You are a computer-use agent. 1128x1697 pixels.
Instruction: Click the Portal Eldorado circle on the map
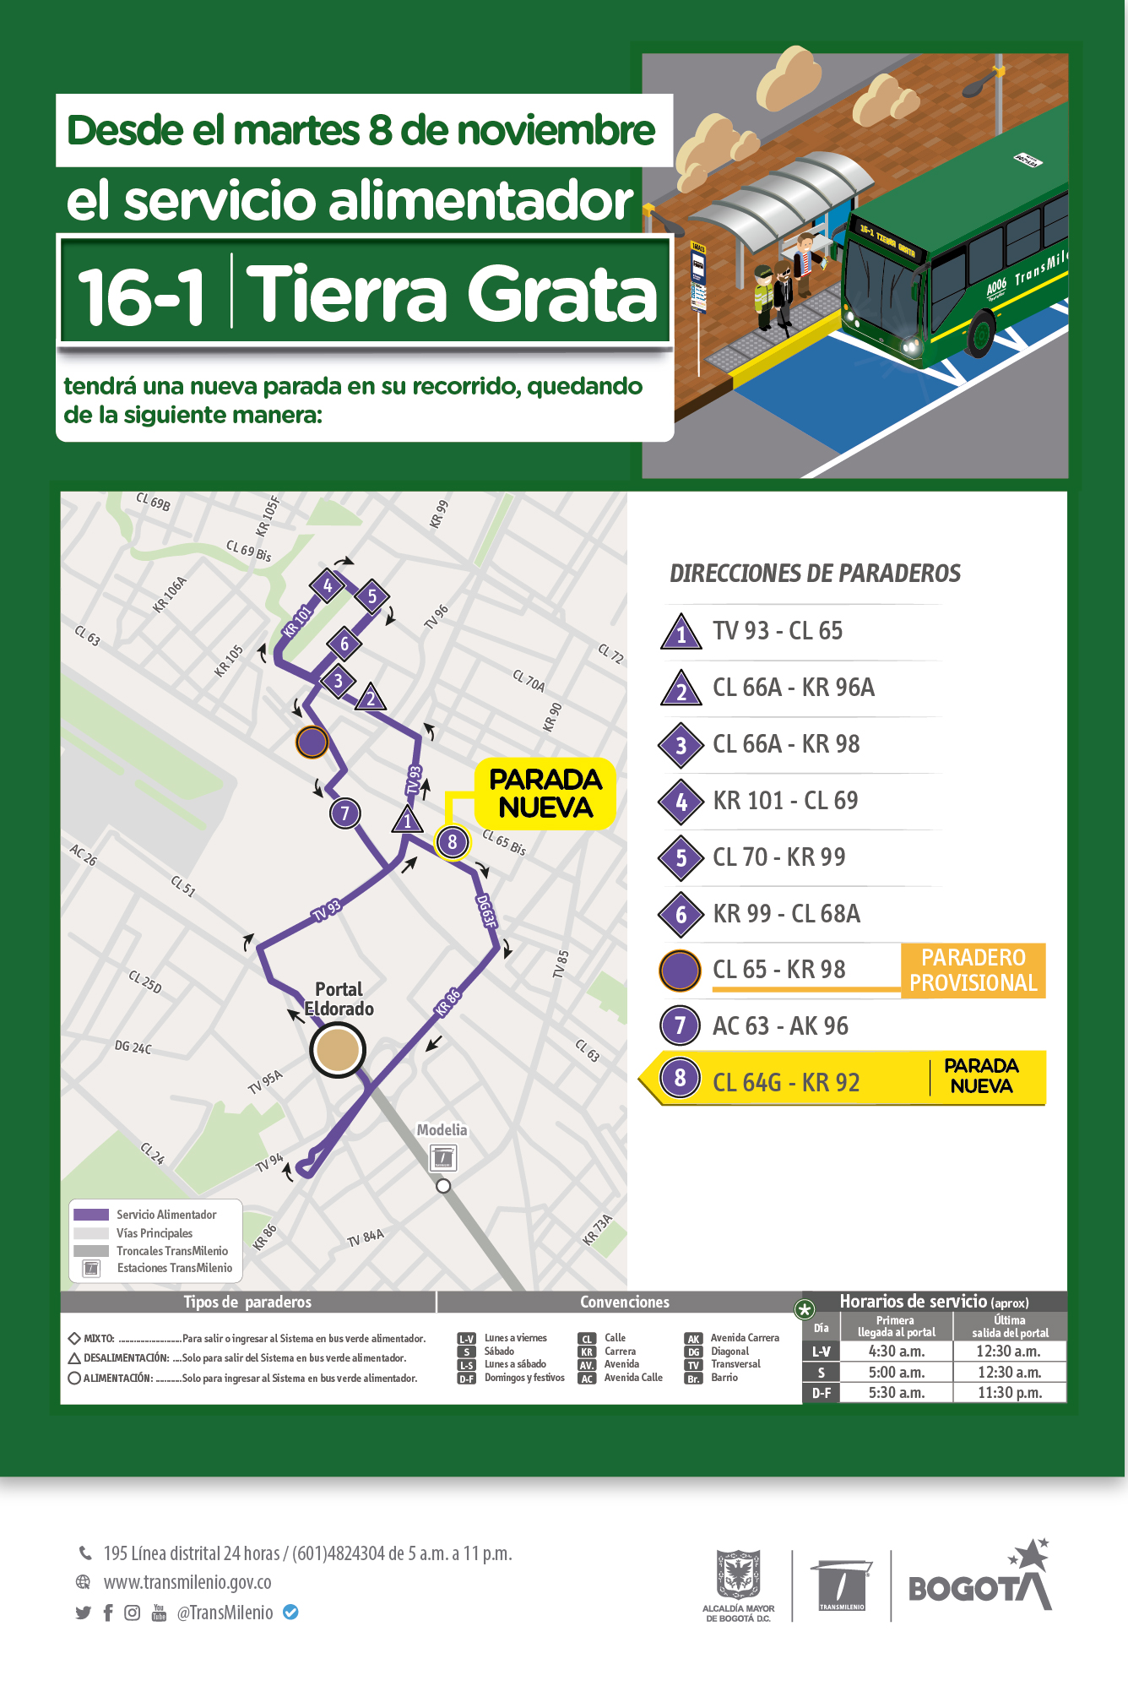(338, 1050)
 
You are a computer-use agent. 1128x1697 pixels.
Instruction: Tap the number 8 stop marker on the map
(453, 842)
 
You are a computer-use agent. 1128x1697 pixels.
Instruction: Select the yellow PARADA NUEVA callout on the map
(545, 793)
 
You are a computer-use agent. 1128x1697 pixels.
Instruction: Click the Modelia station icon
(442, 1157)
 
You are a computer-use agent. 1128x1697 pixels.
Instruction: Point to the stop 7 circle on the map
(344, 813)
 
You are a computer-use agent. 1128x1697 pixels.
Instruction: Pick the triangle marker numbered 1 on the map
(407, 819)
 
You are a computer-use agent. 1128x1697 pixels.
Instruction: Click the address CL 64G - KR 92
(786, 1082)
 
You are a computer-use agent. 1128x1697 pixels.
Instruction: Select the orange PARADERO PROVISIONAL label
(973, 971)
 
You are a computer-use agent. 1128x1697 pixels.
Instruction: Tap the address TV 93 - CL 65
(778, 631)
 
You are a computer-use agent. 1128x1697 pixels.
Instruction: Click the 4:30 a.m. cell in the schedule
(896, 1352)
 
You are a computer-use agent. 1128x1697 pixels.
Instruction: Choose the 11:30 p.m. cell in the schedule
(1009, 1393)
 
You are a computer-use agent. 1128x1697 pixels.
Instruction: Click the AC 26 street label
(84, 855)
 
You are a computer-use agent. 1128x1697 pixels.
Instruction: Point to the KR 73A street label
(597, 1229)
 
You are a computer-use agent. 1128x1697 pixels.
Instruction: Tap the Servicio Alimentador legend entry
(166, 1215)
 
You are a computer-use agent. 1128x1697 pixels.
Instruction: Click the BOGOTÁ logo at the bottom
(980, 1580)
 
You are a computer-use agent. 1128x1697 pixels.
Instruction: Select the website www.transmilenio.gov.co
(187, 1582)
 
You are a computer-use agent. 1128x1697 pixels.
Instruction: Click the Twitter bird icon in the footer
(83, 1613)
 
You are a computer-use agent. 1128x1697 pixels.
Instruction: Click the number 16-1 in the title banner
(141, 295)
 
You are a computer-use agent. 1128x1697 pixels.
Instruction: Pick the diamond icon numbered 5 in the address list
(681, 858)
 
